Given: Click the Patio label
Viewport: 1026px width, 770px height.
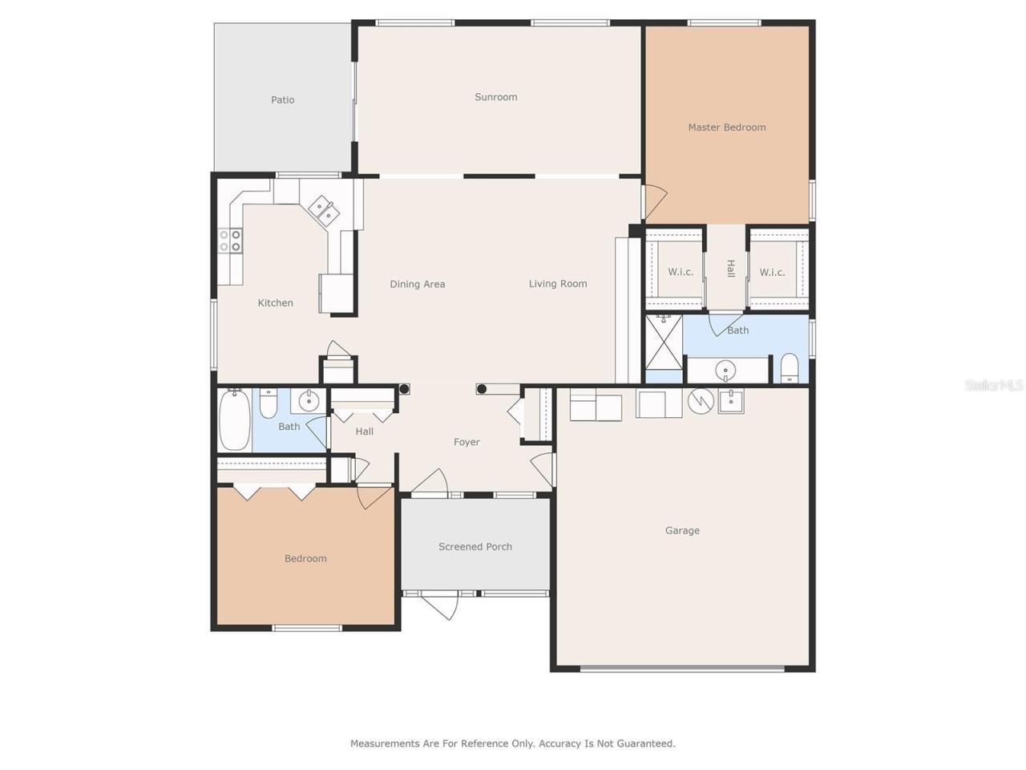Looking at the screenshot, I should coord(282,100).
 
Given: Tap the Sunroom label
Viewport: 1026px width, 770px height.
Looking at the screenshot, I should coord(495,97).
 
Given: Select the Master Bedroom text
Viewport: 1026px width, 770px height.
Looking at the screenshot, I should coord(726,128).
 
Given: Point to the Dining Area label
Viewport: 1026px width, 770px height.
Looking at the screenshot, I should coord(417,284).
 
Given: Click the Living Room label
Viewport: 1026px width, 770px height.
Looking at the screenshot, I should coord(557,284).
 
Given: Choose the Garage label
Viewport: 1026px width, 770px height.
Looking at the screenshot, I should coord(682,530).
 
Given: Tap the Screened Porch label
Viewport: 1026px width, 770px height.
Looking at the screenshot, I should coord(475,547).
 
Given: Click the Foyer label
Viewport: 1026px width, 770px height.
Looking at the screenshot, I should coord(467,442).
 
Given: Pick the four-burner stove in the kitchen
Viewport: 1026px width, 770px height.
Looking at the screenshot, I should coord(231,241).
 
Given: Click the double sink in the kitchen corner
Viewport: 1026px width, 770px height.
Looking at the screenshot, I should coord(324,209).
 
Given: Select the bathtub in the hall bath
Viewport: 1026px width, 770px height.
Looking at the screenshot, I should coord(234,420).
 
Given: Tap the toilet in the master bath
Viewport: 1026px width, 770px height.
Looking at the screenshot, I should coord(790,368).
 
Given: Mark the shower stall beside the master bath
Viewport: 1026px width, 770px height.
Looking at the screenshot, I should coord(664,342).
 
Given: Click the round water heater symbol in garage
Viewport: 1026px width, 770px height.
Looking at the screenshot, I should coord(700,399).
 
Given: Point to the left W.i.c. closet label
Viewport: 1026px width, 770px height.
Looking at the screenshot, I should coord(681,272).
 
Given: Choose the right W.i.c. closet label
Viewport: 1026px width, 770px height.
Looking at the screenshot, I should coord(772,273).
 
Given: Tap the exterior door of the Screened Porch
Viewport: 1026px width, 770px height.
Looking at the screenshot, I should coord(440,603).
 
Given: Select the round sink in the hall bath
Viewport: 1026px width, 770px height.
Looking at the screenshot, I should coord(308,400).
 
